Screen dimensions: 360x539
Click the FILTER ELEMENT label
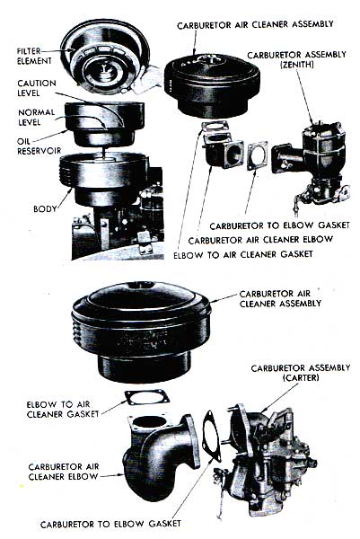point(34,56)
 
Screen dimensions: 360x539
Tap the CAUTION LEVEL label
point(37,88)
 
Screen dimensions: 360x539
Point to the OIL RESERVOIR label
point(39,146)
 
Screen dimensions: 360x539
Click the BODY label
point(45,208)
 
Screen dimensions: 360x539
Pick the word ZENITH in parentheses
point(297,65)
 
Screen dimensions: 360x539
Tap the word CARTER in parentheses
point(301,377)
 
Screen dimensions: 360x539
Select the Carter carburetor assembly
point(265,457)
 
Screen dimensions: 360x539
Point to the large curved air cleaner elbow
point(160,454)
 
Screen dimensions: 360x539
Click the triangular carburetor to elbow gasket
point(211,436)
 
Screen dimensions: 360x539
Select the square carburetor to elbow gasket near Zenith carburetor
point(257,155)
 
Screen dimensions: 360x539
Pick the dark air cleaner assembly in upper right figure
point(212,87)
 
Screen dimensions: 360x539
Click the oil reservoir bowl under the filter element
point(104,125)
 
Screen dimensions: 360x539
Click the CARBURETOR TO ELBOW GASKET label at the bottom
point(110,524)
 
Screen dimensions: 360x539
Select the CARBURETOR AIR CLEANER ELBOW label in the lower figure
point(64,472)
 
